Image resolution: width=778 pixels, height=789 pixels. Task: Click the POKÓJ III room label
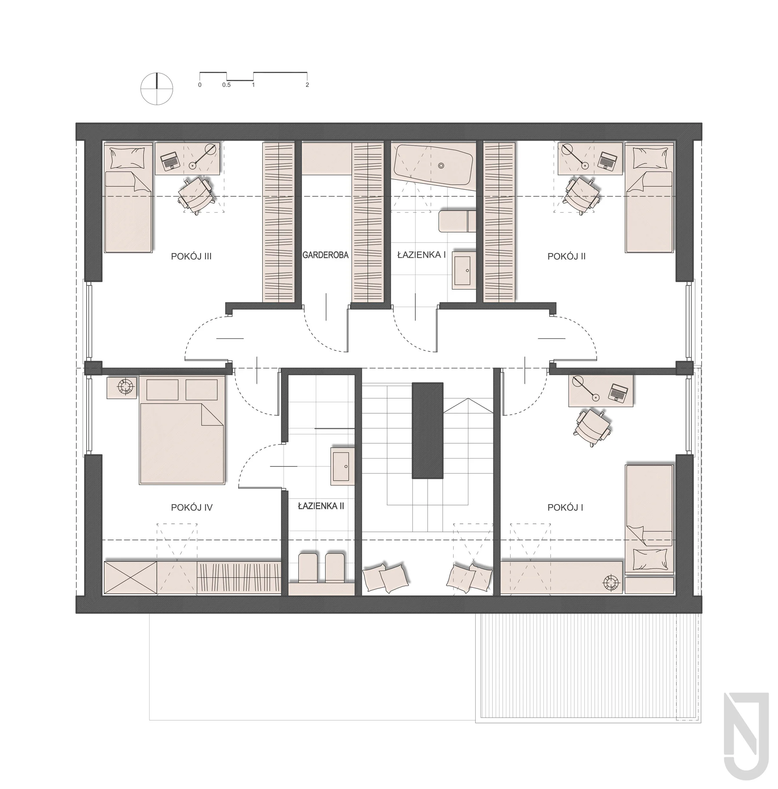point(191,256)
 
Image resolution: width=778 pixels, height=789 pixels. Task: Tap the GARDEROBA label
point(326,255)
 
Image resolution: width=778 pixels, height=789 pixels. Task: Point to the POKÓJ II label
point(566,256)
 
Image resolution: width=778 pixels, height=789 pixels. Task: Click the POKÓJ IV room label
point(192,508)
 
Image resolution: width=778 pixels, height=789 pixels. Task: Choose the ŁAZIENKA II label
point(321,506)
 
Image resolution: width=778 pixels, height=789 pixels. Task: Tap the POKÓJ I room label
point(565,508)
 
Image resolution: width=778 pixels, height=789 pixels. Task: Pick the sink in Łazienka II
point(342,466)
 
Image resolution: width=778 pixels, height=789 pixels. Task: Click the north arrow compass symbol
point(157,88)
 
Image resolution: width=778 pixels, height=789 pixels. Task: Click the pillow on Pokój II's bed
point(648,158)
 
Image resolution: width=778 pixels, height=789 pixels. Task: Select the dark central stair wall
point(427,430)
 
